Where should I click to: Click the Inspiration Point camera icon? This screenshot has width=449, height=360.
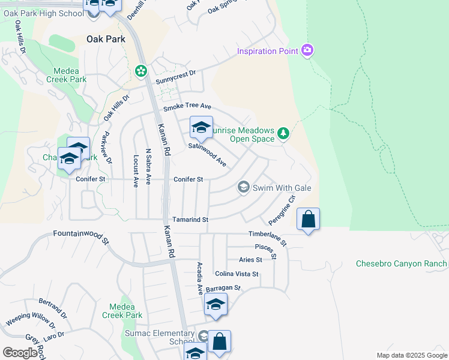(x=307, y=50)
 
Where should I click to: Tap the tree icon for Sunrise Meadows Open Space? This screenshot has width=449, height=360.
(x=283, y=133)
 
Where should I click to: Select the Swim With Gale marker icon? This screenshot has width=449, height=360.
(x=243, y=188)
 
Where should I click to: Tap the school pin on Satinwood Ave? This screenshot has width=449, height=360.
(x=201, y=127)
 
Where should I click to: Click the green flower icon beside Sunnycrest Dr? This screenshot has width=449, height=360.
(x=141, y=72)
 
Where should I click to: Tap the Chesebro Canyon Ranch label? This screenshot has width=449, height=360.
(x=401, y=263)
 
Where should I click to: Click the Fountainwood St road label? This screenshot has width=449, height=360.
(x=80, y=237)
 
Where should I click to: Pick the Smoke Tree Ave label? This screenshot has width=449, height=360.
(x=187, y=109)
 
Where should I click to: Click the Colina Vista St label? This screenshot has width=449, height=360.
(x=237, y=274)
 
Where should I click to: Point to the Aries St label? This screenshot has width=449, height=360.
(x=250, y=260)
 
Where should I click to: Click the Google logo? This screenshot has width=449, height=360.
(x=20, y=353)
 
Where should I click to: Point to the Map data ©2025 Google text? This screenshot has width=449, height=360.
(x=411, y=355)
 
